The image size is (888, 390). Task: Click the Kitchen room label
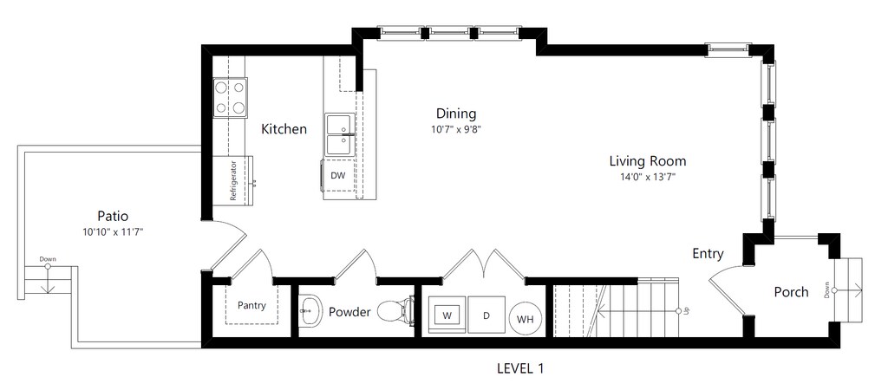coord(284,129)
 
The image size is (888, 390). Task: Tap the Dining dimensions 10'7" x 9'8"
coord(456,129)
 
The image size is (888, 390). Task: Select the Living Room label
coord(647,161)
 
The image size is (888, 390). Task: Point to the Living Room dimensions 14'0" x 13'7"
coord(648,177)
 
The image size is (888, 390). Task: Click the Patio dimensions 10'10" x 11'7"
coord(113,231)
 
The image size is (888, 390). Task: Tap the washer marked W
coord(447,315)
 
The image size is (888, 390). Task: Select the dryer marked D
coord(486,315)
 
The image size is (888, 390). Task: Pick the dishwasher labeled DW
coord(338,177)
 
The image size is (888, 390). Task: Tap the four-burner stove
coord(230,97)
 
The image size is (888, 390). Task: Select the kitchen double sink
coord(340,134)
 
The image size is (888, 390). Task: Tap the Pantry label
coord(251,306)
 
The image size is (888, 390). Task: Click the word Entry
coord(708,254)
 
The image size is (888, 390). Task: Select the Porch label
coord(791,292)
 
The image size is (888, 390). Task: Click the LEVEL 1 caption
coord(520,368)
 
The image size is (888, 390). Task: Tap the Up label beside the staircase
coord(687,311)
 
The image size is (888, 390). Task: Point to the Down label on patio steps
coord(48,259)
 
